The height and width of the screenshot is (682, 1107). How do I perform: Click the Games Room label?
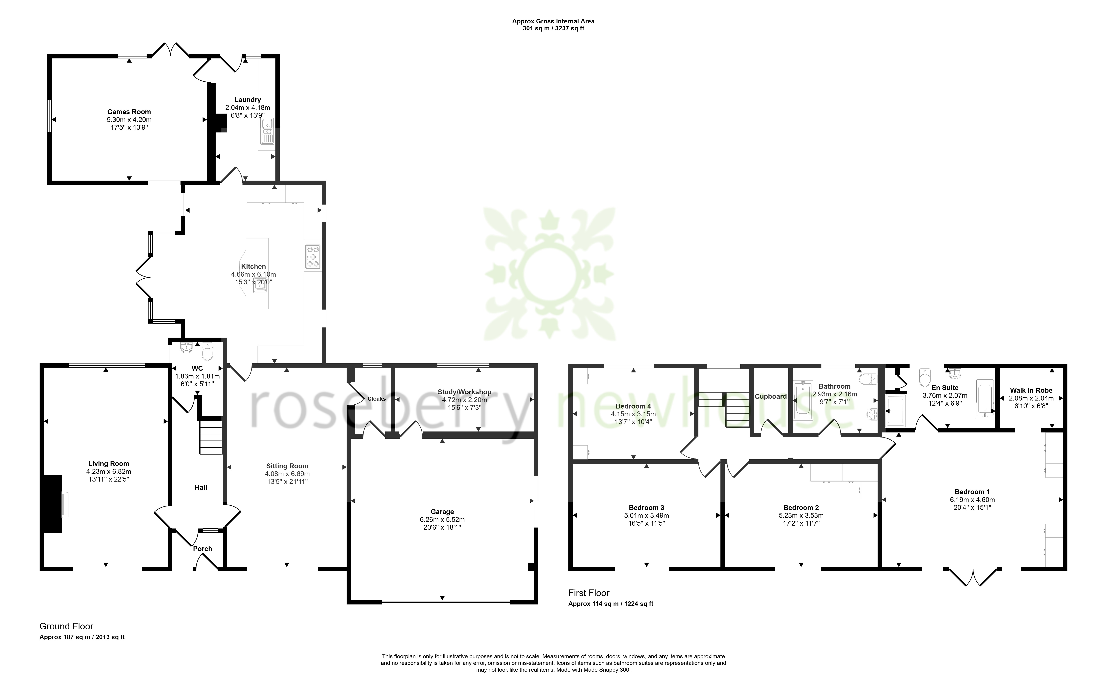(x=129, y=112)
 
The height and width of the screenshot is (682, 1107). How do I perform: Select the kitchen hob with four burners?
(x=312, y=257)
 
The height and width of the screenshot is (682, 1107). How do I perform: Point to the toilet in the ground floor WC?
(x=207, y=351)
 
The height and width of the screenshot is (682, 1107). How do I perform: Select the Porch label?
(x=203, y=549)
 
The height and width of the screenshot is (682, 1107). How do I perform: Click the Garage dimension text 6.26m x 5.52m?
(x=442, y=520)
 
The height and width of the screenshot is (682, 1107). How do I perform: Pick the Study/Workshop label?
(x=464, y=392)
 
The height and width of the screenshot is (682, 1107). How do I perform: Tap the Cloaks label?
(x=377, y=399)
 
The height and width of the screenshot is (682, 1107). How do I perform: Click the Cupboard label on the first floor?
(x=771, y=396)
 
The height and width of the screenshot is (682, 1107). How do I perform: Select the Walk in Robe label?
(x=1031, y=391)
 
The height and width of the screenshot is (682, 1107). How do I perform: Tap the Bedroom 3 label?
(x=647, y=508)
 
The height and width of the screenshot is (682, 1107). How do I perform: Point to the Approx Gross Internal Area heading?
(x=553, y=21)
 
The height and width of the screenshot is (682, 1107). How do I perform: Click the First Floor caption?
(x=589, y=593)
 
